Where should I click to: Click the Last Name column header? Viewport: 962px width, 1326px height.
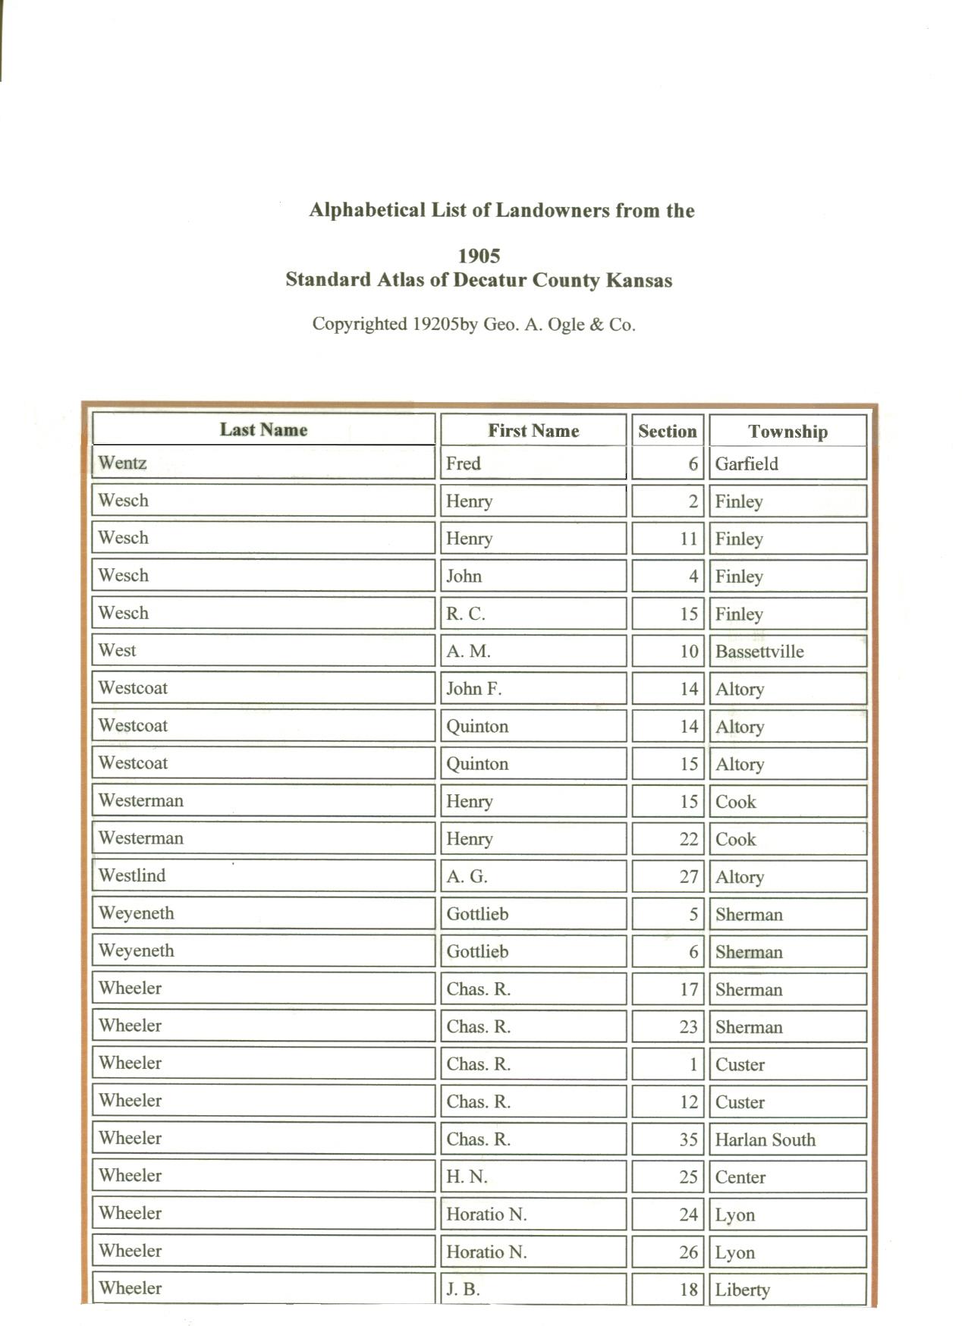[x=263, y=429]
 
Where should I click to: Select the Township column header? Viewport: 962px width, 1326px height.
[x=788, y=432]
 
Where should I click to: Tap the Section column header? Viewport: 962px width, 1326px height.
[x=667, y=432]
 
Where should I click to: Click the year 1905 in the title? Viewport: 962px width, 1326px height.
[x=479, y=256]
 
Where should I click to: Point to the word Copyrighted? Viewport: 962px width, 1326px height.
[x=360, y=325]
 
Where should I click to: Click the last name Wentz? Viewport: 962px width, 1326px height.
[x=122, y=463]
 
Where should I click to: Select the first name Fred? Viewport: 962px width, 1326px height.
[x=463, y=463]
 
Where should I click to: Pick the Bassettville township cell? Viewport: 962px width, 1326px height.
[x=759, y=652]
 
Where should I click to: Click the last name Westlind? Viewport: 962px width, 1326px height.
[x=132, y=875]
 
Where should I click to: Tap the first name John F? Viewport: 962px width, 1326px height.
[x=473, y=689]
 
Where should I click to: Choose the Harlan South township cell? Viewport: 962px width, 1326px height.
[x=765, y=1139]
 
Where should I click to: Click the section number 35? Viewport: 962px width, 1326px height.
[x=688, y=1139]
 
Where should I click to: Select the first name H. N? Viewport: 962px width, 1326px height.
[x=467, y=1177]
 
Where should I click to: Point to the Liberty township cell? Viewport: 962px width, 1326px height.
[x=742, y=1290]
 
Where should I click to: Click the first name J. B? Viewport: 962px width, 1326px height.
[x=463, y=1289]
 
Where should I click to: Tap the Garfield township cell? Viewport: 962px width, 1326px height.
[x=746, y=463]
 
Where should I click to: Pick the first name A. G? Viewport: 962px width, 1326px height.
[x=467, y=877]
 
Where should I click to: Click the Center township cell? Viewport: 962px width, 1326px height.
[x=740, y=1177]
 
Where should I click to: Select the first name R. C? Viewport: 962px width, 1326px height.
[x=465, y=614]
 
